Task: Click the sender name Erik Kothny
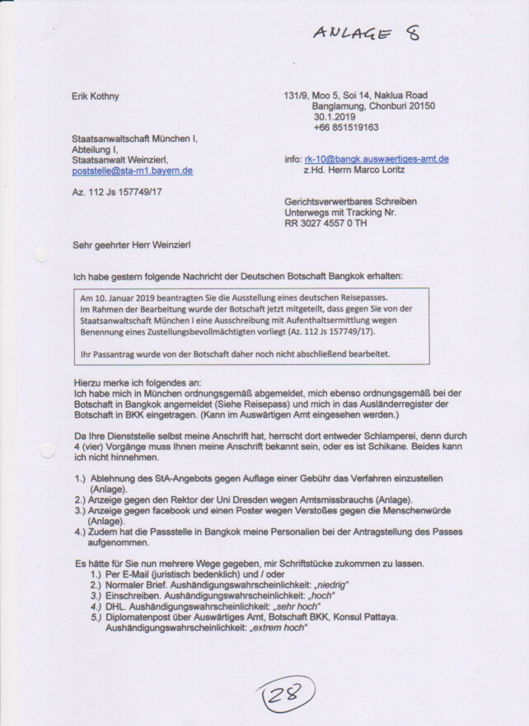click(x=96, y=96)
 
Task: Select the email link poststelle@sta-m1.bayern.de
click(x=133, y=171)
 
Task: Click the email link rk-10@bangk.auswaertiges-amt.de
click(x=376, y=159)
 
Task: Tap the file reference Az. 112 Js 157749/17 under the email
click(x=117, y=192)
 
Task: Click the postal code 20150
click(x=419, y=106)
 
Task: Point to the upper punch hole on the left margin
click(x=42, y=255)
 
